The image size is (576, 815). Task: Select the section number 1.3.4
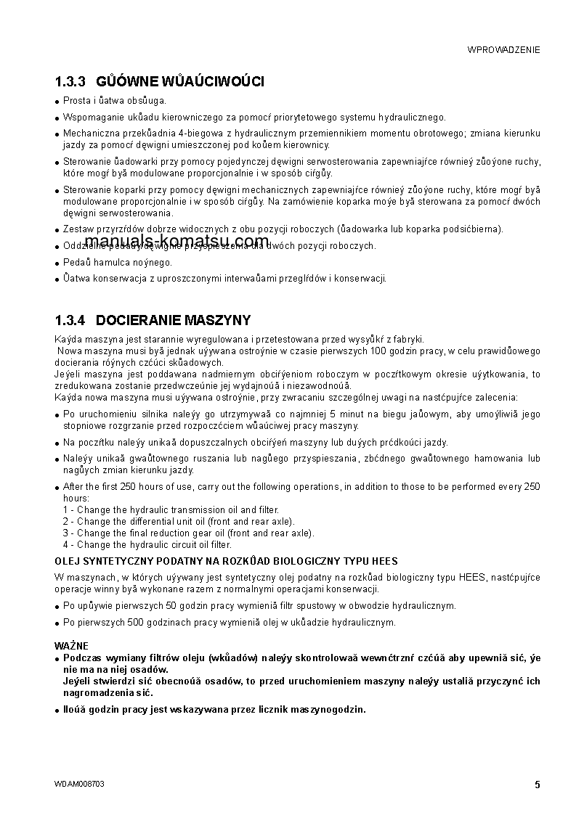pos(70,320)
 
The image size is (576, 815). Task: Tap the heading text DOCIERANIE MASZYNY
pos(174,320)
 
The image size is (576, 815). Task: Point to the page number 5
pos(537,784)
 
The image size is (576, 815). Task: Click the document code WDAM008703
pos(84,784)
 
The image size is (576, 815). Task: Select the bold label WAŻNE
pos(71,645)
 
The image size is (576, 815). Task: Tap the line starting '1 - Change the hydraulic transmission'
pos(171,510)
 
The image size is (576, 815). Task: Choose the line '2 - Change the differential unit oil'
pos(179,522)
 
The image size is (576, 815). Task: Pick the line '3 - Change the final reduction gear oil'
pos(189,533)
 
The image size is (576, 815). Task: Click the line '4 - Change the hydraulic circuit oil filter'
pos(147,544)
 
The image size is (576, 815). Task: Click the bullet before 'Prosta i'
pos(57,102)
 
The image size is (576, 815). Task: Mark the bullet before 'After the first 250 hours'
pos(57,488)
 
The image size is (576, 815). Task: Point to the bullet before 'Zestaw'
pos(57,230)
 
